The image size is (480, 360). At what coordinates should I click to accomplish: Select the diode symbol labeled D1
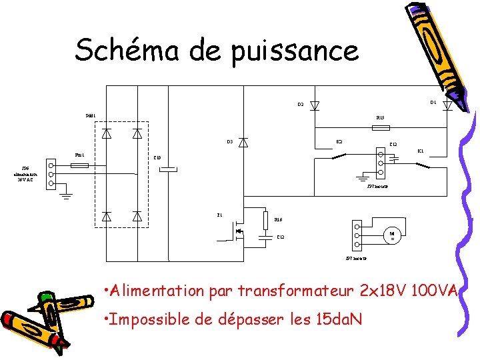[x=448, y=105]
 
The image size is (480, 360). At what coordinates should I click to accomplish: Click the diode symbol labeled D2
[x=315, y=105]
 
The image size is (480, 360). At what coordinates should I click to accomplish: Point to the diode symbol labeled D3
[x=244, y=142]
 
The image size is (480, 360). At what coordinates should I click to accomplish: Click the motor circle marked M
[x=392, y=235]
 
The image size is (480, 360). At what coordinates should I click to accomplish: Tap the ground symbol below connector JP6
[x=67, y=196]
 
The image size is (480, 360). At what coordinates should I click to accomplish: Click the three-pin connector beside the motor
[x=357, y=235]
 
